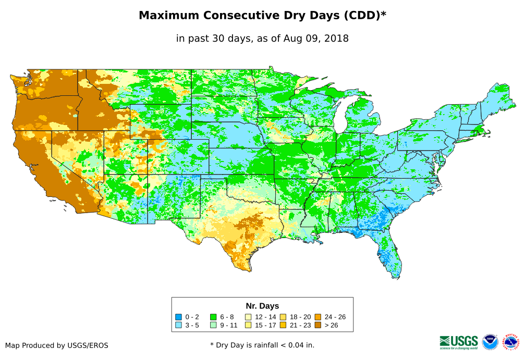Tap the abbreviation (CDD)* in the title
pyautogui.click(x=364, y=16)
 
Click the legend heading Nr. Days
pyautogui.click(x=262, y=306)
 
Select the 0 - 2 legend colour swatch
pyautogui.click(x=178, y=317)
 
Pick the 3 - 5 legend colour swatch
pyautogui.click(x=178, y=326)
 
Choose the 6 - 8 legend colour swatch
pyautogui.click(x=213, y=317)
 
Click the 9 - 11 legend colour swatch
pyautogui.click(x=213, y=326)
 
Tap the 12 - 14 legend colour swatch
pyautogui.click(x=248, y=317)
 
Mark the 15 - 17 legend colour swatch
pyautogui.click(x=248, y=326)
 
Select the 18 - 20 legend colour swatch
pyautogui.click(x=283, y=317)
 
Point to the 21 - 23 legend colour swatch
pyautogui.click(x=283, y=326)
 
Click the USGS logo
pyautogui.click(x=459, y=342)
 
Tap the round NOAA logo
pyautogui.click(x=490, y=342)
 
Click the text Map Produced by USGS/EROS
pyautogui.click(x=57, y=345)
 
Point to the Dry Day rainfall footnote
pyautogui.click(x=262, y=345)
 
